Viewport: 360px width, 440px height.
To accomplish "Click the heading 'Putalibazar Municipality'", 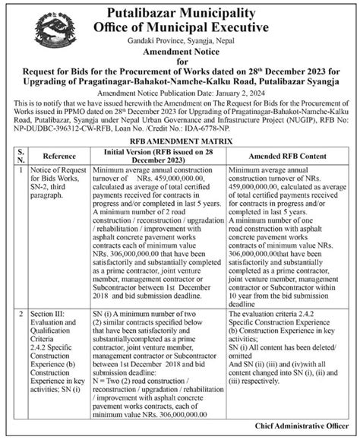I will [181, 11].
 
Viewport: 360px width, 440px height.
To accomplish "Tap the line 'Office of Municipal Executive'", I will [181, 27].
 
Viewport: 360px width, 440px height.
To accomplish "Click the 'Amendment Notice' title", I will [180, 55].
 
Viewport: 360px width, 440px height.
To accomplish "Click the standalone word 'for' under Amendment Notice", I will [180, 67].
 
